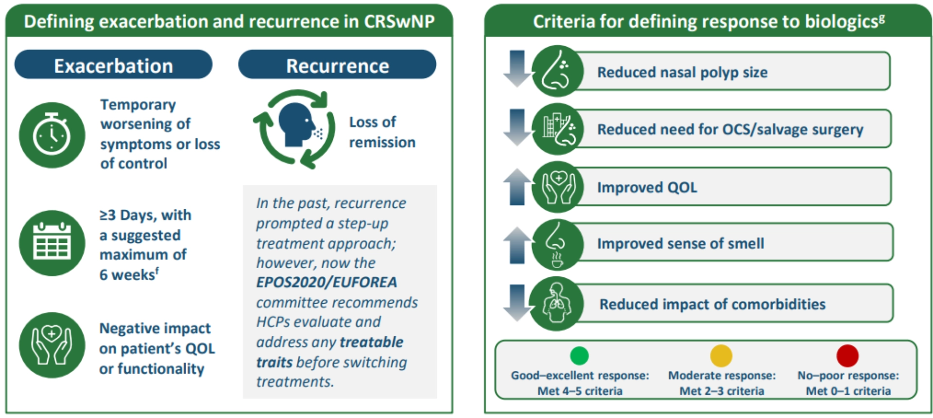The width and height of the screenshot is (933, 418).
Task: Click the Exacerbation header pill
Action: click(x=113, y=65)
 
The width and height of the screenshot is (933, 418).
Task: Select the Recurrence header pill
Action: click(x=337, y=65)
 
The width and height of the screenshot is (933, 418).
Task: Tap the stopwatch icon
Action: click(x=52, y=135)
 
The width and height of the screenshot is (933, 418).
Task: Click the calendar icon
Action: click(x=52, y=243)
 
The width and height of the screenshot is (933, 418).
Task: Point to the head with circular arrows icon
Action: click(x=294, y=129)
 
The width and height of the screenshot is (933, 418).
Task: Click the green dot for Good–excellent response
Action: click(x=579, y=356)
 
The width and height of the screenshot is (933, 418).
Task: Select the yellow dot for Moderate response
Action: click(x=721, y=356)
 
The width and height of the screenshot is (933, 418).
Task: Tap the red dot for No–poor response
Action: click(x=847, y=356)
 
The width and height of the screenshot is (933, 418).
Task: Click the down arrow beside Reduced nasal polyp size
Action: click(x=517, y=69)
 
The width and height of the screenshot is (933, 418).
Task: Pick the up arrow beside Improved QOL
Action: click(x=517, y=187)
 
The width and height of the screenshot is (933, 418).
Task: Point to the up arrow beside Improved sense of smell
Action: click(x=517, y=245)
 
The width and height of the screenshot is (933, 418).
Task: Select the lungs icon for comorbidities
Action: click(x=557, y=304)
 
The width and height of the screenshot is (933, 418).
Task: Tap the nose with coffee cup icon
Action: click(x=557, y=245)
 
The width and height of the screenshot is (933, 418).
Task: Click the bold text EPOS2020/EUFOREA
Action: click(x=327, y=282)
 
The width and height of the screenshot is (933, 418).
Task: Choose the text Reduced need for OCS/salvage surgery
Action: click(x=730, y=129)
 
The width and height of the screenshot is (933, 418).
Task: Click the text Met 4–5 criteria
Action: click(x=579, y=391)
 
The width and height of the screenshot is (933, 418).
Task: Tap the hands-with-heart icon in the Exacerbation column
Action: click(x=52, y=345)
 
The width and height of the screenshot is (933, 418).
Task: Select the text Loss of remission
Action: click(x=382, y=132)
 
